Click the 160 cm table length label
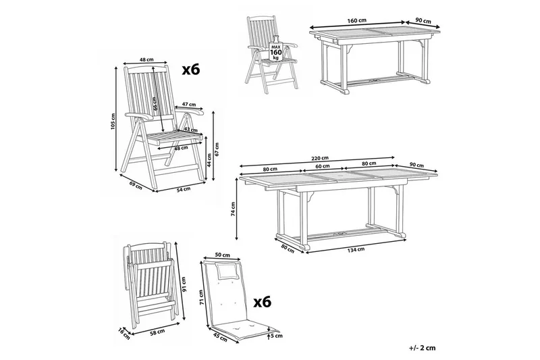pyautogui.click(x=356, y=20)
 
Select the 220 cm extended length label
pyautogui.click(x=320, y=158)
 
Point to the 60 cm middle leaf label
pyautogui.click(x=323, y=166)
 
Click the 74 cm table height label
pyautogui.click(x=233, y=209)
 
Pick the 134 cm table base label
pyautogui.click(x=356, y=250)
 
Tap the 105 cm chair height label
pyautogui.click(x=113, y=122)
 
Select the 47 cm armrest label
pyautogui.click(x=189, y=104)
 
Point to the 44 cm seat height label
pyautogui.click(x=209, y=160)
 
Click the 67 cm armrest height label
pyautogui.click(x=217, y=149)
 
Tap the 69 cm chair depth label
pyautogui.click(x=136, y=185)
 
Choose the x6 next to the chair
pyautogui.click(x=191, y=70)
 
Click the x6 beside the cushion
pyautogui.click(x=263, y=303)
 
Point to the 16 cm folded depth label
pyautogui.click(x=124, y=333)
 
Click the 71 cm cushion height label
pyautogui.click(x=201, y=297)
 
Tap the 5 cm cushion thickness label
pyautogui.click(x=277, y=335)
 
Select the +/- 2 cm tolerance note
pyautogui.click(x=423, y=348)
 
